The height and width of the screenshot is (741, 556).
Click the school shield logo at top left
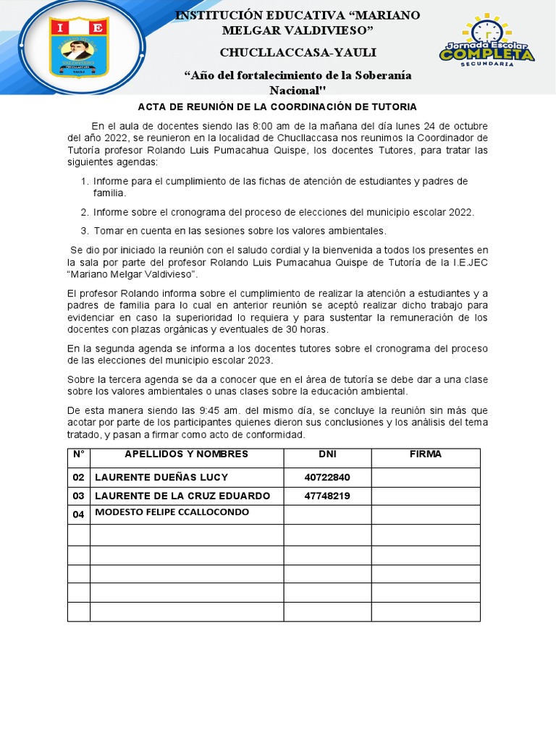[x=79, y=48]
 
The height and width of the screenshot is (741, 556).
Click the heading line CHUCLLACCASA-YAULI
[x=298, y=53]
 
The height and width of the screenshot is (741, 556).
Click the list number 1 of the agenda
[x=84, y=181]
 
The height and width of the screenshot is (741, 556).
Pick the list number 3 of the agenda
[x=84, y=231]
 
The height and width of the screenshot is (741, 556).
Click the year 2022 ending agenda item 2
[x=460, y=212]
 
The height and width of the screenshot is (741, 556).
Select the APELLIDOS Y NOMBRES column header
[x=186, y=454]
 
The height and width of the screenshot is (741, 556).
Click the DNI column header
[x=327, y=454]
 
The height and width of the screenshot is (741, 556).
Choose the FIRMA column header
[x=426, y=454]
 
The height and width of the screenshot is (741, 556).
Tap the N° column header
[x=79, y=454]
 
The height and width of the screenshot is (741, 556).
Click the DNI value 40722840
[x=327, y=478]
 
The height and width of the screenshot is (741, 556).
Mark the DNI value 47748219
[x=327, y=496]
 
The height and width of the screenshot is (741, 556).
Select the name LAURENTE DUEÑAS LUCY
[x=161, y=478]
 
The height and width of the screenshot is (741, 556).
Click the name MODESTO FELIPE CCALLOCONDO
[x=172, y=512]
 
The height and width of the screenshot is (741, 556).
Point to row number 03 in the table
[x=79, y=496]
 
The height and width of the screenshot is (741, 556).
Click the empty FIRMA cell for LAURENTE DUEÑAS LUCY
[x=426, y=478]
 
